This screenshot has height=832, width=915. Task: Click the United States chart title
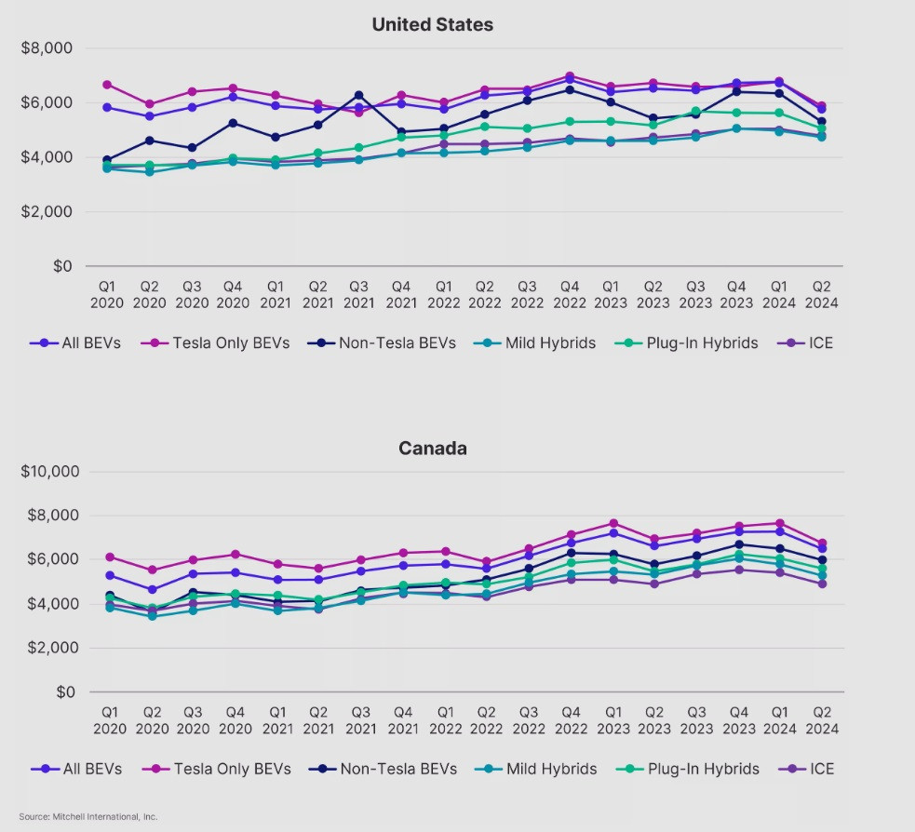click(432, 25)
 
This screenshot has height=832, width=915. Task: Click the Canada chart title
click(432, 449)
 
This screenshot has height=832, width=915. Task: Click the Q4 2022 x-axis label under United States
click(570, 295)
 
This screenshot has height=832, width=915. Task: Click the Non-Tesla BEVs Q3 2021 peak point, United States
click(359, 95)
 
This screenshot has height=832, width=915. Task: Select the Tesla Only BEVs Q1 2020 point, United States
click(107, 85)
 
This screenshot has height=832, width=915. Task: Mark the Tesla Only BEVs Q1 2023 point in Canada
click(612, 523)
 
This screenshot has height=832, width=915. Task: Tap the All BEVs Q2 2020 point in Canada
click(151, 589)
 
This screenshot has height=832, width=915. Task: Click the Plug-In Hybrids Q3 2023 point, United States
click(696, 111)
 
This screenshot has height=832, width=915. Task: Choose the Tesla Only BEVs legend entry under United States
click(219, 343)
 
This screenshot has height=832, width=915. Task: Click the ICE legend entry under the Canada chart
click(811, 769)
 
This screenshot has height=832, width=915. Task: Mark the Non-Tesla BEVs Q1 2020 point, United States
click(107, 160)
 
